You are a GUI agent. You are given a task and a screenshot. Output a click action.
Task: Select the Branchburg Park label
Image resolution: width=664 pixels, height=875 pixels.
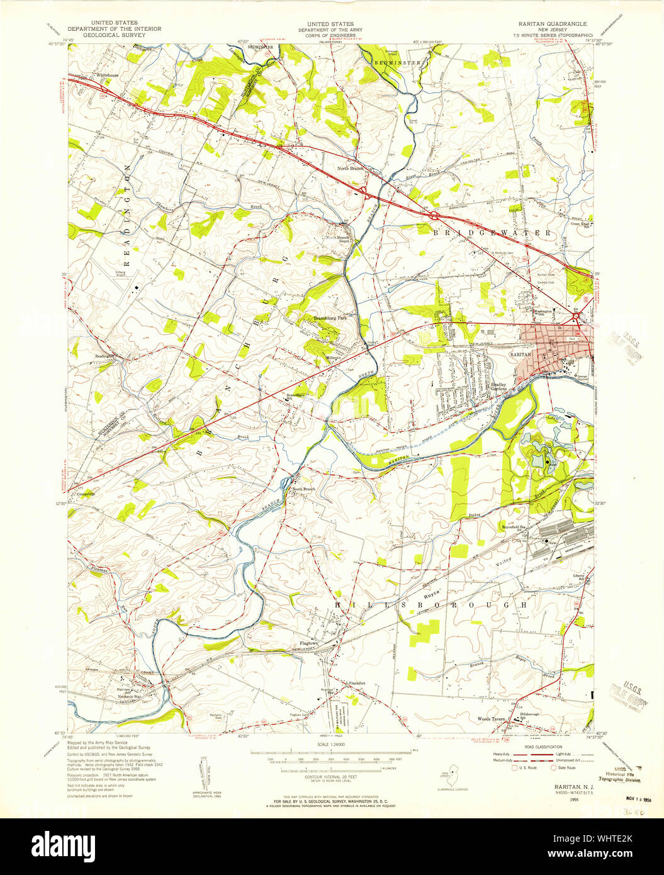point(330,319)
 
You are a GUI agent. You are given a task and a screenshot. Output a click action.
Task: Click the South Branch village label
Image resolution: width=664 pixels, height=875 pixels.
point(303,489)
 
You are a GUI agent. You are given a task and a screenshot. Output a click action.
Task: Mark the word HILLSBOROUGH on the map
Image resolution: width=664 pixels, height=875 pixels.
point(431,604)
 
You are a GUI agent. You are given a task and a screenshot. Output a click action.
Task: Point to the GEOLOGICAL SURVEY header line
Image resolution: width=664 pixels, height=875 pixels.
point(114,35)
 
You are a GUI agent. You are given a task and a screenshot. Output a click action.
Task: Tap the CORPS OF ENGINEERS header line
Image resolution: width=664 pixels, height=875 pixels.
point(325,35)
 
